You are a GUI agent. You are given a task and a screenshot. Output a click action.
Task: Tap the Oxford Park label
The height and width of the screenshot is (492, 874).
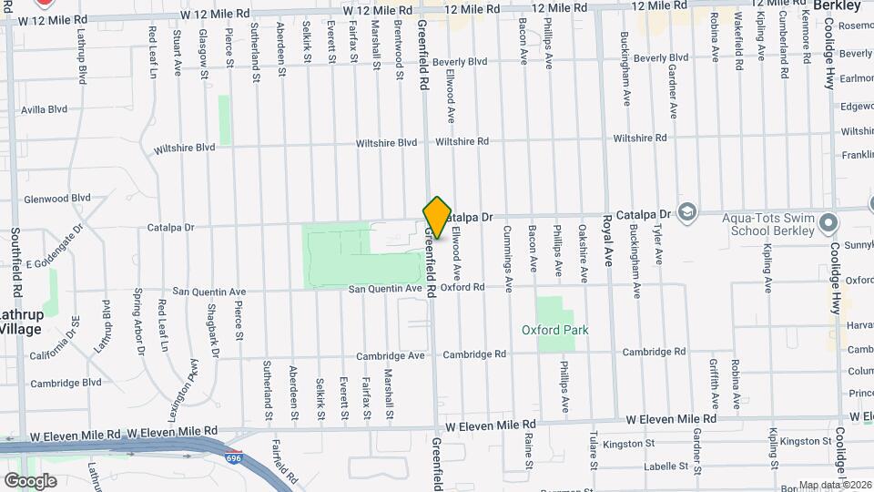(555, 330)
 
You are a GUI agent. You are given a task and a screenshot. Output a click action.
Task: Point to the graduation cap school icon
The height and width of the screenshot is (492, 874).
(687, 213)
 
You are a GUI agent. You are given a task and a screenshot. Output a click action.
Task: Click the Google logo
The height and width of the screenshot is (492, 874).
(30, 480)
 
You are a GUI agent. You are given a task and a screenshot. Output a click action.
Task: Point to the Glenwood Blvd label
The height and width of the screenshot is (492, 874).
(56, 197)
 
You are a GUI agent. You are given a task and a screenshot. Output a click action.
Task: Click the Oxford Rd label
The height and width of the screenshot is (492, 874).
(463, 287)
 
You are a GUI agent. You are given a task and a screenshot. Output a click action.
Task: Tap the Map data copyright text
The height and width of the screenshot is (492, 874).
(835, 485)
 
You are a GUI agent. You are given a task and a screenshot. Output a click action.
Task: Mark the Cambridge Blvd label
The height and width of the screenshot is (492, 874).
(66, 383)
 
